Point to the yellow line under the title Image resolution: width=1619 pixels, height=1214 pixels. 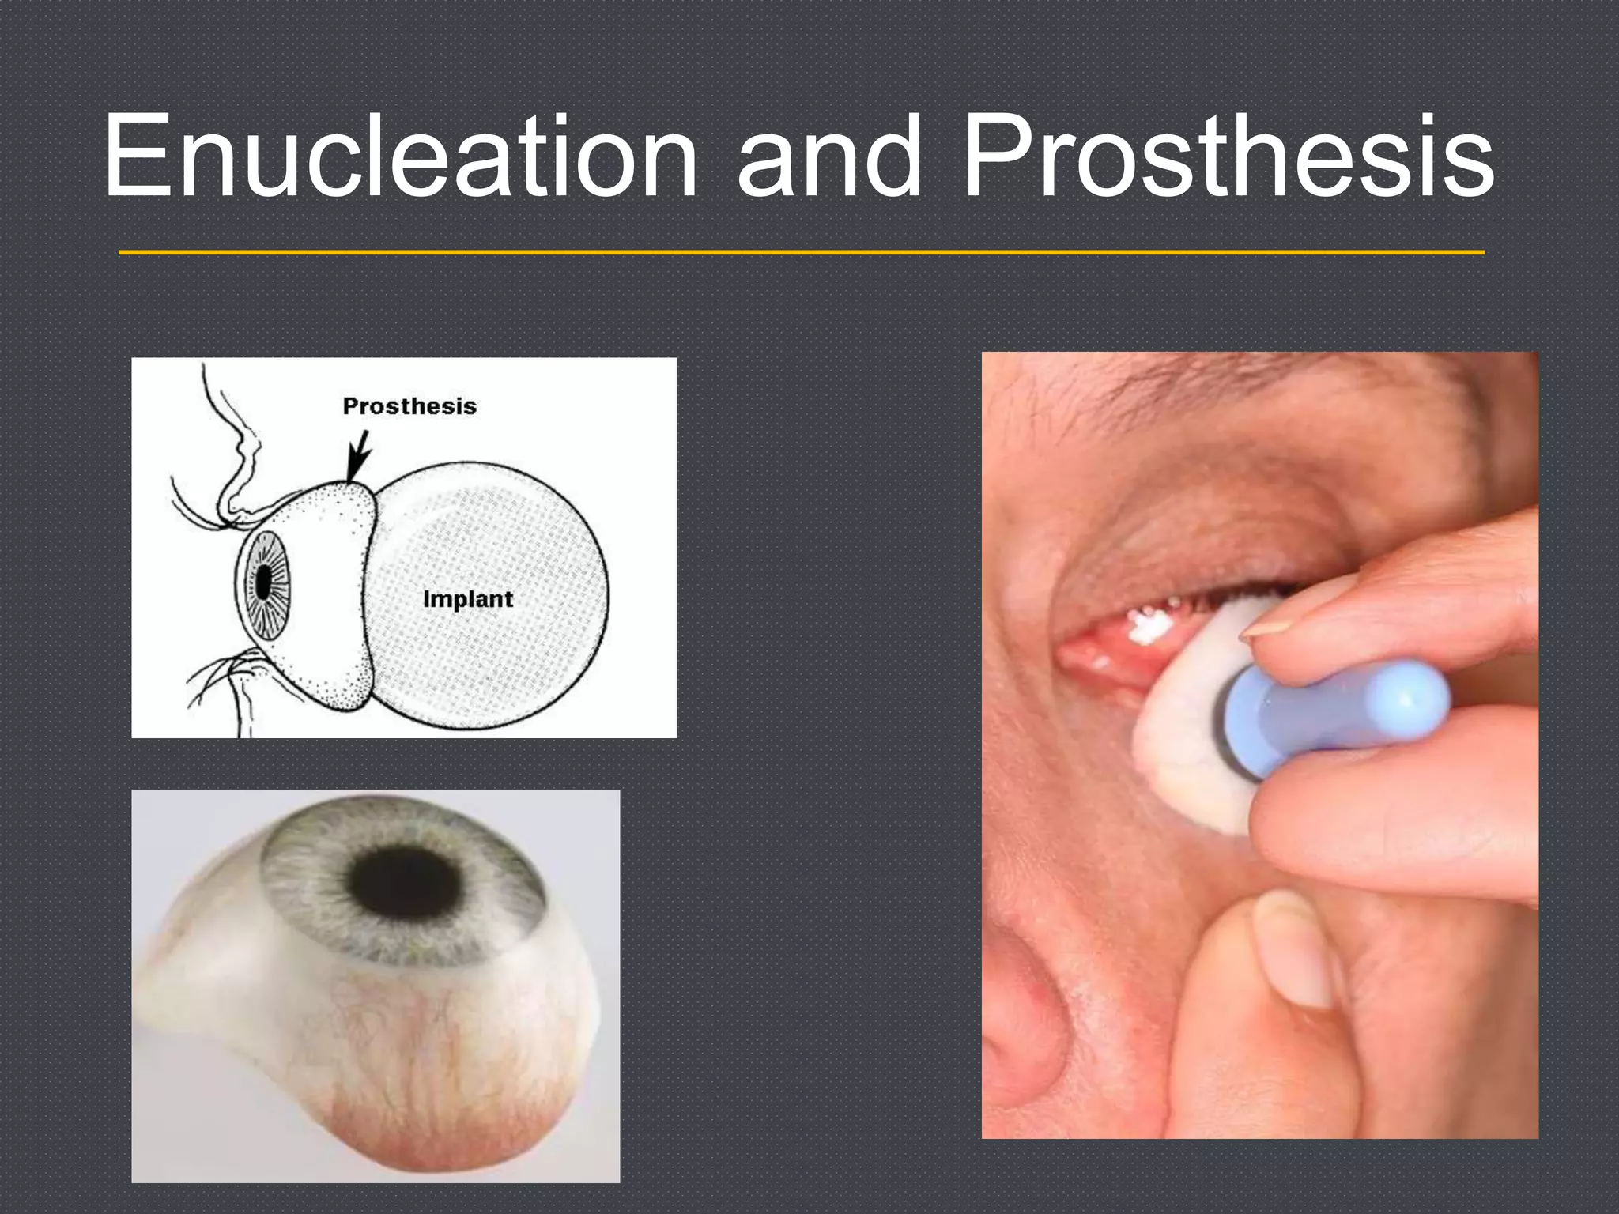point(801,252)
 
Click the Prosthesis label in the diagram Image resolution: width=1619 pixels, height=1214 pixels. point(409,406)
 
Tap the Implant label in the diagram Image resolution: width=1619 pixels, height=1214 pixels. point(468,599)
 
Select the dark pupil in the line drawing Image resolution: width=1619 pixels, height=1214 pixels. point(263,583)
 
